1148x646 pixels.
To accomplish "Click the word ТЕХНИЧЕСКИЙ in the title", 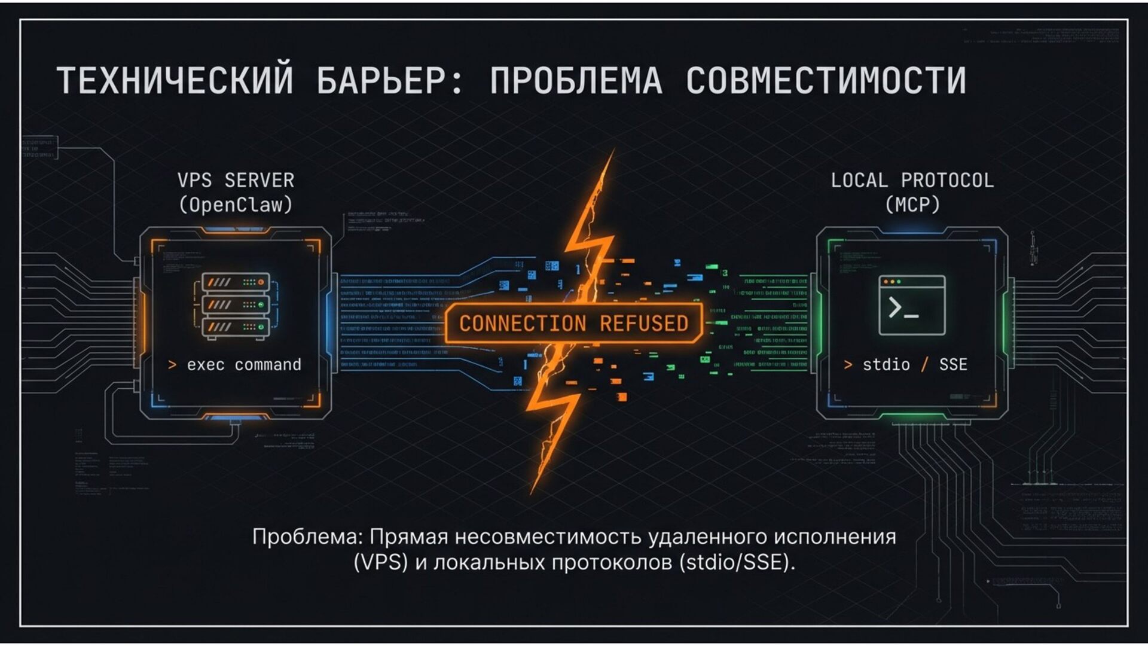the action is (x=175, y=81).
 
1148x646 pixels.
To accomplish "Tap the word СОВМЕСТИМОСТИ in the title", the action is (x=826, y=81).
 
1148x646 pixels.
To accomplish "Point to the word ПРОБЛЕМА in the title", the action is (x=576, y=81).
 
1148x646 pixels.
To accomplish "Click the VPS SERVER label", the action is (x=236, y=180).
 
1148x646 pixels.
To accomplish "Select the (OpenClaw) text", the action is (x=236, y=205).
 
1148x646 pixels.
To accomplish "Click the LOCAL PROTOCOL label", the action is (x=912, y=180).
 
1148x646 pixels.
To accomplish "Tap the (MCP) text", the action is (x=912, y=205).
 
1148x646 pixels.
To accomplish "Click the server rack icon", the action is (x=236, y=306).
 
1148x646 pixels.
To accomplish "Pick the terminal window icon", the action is (x=912, y=305).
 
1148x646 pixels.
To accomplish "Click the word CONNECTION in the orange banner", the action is (x=523, y=324).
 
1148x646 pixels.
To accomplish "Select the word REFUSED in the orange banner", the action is (x=644, y=324).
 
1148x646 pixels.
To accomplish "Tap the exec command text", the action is (x=243, y=365).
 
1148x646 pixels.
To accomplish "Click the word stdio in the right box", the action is (x=886, y=365).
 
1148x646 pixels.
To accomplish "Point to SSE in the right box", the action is (x=953, y=365).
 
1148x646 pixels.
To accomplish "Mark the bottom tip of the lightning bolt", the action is (x=532, y=493).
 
